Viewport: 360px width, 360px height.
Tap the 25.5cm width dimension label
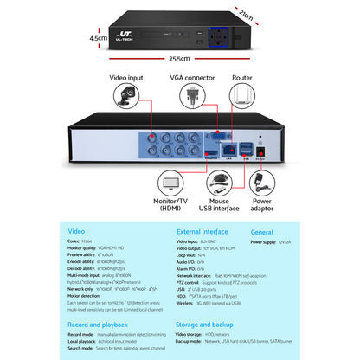180,59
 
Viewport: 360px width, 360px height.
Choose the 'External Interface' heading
202,231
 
